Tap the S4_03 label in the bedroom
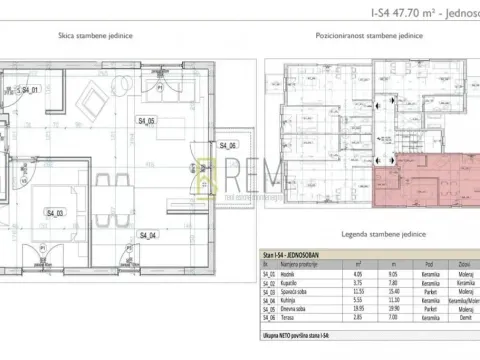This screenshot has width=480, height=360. point(54,212)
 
